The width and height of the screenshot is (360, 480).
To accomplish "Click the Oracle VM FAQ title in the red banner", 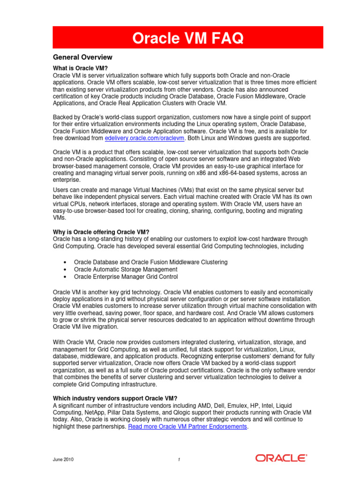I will tap(187, 38).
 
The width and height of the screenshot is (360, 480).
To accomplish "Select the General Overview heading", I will tap(82, 57).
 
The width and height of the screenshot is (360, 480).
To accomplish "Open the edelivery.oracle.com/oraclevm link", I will tap(145, 138).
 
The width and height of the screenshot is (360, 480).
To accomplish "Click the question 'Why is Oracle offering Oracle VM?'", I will tap(101, 232).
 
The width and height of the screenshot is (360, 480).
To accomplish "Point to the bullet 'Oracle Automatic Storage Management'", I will tap(126, 270).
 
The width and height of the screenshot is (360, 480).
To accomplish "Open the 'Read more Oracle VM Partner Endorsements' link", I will tap(187, 427).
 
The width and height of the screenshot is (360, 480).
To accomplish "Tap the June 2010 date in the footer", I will tap(63, 460).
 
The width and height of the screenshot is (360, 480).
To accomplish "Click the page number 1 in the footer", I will tap(179, 460).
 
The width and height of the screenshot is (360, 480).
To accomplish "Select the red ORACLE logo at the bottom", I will tap(281, 458).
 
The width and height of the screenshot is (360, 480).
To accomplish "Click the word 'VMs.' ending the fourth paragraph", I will tap(59, 218).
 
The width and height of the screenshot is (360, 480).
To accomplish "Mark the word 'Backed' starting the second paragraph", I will tap(63, 117).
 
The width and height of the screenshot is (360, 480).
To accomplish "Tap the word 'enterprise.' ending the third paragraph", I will tap(67, 180).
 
